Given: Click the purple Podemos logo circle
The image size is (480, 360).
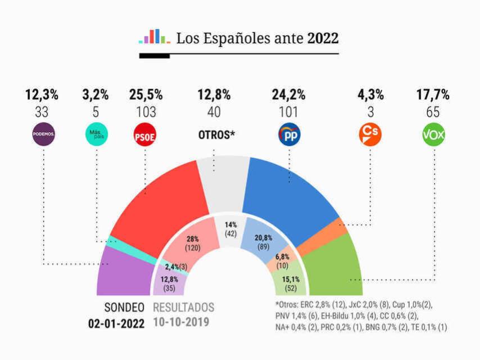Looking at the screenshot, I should [43, 135].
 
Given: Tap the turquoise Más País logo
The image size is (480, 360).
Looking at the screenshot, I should [96, 135].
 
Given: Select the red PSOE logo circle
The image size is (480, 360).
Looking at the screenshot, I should [145, 135].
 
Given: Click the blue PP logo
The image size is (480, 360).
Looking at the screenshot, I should [289, 135].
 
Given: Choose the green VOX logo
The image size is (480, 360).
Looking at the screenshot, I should [433, 135].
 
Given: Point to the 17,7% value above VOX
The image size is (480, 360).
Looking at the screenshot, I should [433, 94].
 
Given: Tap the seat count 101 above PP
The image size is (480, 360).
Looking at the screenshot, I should [288, 112].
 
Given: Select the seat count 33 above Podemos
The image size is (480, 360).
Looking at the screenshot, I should [42, 112].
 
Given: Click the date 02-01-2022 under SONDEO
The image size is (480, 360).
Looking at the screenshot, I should [116, 323].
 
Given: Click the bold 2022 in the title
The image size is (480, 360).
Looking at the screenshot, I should [323, 39].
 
